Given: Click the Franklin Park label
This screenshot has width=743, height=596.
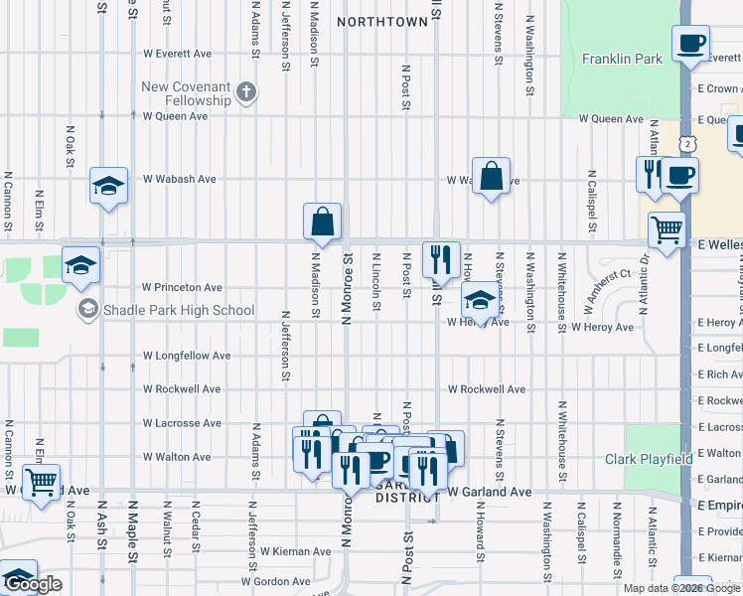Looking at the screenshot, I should tap(622, 60).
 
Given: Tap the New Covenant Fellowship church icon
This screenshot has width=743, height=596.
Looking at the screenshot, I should tap(247, 94).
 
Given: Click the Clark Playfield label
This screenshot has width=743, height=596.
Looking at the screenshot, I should tap(650, 459).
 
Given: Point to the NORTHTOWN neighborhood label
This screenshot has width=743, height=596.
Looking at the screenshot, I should tap(382, 21).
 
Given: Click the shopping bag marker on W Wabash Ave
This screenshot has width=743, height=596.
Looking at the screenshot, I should tap(491, 176).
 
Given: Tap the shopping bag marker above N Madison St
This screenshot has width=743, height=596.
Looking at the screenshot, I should tap(323, 223).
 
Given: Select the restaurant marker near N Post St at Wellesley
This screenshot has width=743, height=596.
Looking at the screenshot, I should tap(441, 258).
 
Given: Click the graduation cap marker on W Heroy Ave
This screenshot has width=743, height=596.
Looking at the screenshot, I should tap(480, 301).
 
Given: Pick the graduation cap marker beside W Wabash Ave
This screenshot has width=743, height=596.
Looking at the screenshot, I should tap(109, 186).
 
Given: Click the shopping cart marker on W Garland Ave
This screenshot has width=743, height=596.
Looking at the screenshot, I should tap(41, 483).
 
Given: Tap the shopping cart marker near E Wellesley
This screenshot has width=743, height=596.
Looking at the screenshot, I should tap(667, 230).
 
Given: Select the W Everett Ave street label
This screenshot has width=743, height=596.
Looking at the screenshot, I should tap(178, 54).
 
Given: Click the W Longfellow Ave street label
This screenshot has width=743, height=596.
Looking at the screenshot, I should tap(187, 356).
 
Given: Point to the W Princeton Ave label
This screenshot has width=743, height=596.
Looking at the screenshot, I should tap(183, 288).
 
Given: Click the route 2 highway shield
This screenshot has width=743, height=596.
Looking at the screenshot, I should tap(686, 145).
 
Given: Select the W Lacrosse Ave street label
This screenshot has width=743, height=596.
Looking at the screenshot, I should tap(181, 423).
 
